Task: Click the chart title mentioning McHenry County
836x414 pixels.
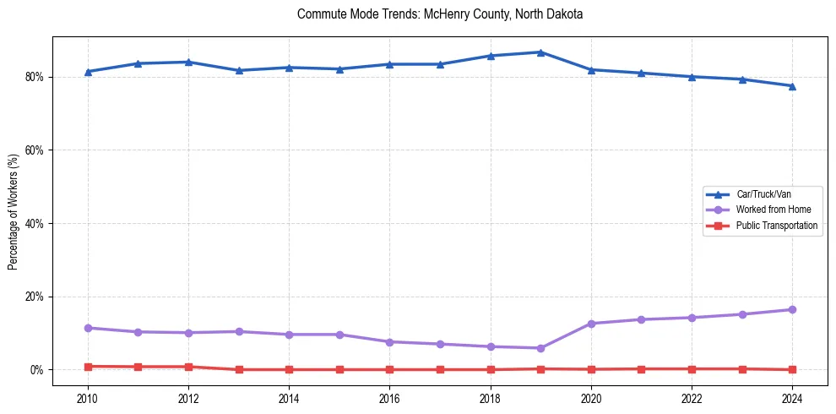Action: (x=440, y=14)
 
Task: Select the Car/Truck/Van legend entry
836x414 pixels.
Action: (x=763, y=194)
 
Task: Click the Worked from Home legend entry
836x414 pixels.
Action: (x=769, y=210)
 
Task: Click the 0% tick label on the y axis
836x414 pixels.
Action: (x=37, y=370)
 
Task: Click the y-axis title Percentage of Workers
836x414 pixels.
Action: (x=14, y=211)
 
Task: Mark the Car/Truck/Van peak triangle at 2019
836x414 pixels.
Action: (x=540, y=52)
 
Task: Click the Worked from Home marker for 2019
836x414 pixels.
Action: (x=540, y=348)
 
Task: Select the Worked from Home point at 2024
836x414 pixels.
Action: (x=792, y=310)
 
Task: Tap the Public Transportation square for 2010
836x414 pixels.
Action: (x=88, y=367)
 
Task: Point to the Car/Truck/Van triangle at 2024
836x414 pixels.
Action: (x=792, y=85)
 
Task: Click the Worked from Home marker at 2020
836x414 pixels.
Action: (x=591, y=324)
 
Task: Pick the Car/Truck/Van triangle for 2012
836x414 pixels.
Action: (x=188, y=62)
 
